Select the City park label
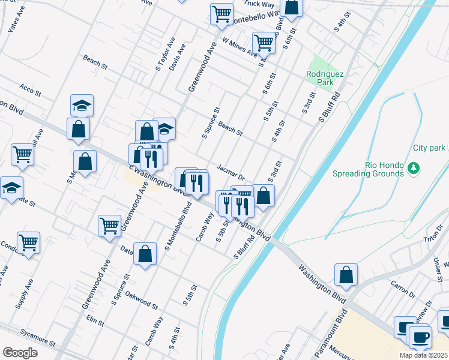429,148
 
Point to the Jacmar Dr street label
231,173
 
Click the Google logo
20,352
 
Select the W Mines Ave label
240,47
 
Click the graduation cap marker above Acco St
82,106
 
